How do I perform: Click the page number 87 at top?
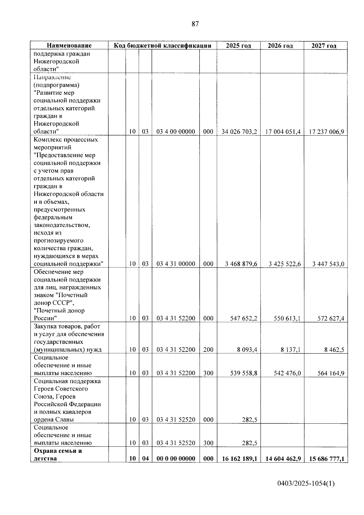pos(195,24)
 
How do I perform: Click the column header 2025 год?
pos(238,46)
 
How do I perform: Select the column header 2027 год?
pos(324,46)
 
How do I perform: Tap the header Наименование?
pos(69,46)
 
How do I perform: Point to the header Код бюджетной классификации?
pos(162,46)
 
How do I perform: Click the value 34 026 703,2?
pos(239,132)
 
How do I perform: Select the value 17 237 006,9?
pos(326,132)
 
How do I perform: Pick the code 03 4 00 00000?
pos(176,132)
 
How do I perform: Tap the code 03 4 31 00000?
pos(176,264)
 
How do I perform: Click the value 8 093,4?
pos(247,350)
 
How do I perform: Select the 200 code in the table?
pos(208,350)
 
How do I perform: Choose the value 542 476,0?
pos(287,373)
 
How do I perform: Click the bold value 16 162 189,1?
pos(239,459)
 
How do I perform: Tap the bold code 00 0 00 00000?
pos(176,459)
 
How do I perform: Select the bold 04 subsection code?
pos(145,459)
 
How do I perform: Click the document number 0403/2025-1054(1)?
pos(306,483)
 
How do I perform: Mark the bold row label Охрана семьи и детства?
pos(58,455)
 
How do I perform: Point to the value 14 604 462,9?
pos(283,459)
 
